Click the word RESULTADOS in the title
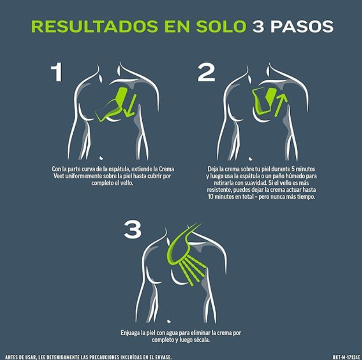click(x=95, y=26)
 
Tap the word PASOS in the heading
click(x=302, y=26)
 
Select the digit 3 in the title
click(x=258, y=26)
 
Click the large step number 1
click(x=57, y=72)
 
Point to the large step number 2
click(x=206, y=72)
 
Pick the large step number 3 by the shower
click(x=133, y=230)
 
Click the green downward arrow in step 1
click(x=130, y=105)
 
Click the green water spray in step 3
click(x=193, y=270)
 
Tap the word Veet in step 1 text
click(x=59, y=176)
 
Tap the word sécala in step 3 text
click(x=201, y=340)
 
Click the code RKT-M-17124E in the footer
click(x=346, y=357)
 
